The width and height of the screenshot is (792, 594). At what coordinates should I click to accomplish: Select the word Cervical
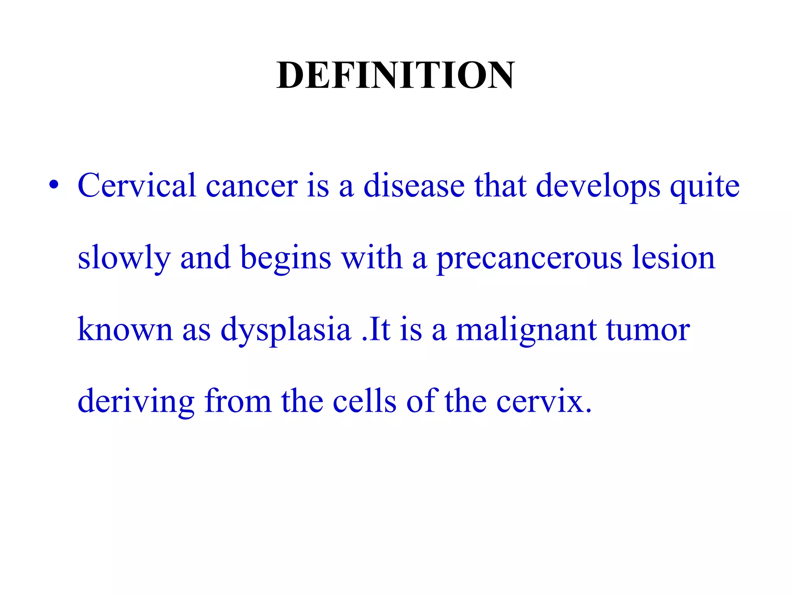pyautogui.click(x=137, y=186)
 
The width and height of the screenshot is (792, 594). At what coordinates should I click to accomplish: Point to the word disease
pyautogui.click(x=414, y=186)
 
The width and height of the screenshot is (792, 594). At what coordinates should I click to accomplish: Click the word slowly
pyautogui.click(x=124, y=258)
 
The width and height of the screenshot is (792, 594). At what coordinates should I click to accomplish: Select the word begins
pyautogui.click(x=286, y=258)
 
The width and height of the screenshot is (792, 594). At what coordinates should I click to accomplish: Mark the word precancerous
pyautogui.click(x=529, y=258)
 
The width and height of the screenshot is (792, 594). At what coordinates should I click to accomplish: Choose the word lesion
pyautogui.click(x=673, y=258)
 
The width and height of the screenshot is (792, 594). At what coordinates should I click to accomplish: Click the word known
pyautogui.click(x=125, y=329)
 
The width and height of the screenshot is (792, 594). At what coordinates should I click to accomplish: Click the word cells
pyautogui.click(x=364, y=401)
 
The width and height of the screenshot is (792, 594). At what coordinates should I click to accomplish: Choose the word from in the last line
pyautogui.click(x=238, y=401)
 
